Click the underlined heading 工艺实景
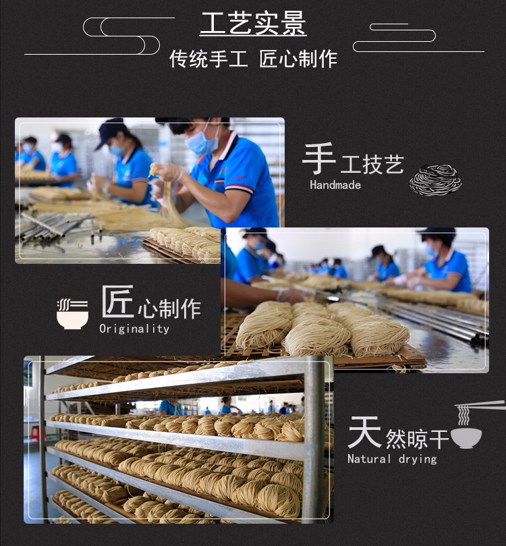click(253, 24)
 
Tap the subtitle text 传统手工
click(208, 59)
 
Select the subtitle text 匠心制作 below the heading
click(298, 59)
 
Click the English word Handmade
click(335, 184)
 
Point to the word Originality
click(134, 329)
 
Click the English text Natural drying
click(392, 458)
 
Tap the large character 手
click(318, 159)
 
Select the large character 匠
click(117, 301)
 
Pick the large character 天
click(364, 432)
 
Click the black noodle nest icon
click(435, 180)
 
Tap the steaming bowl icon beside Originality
click(72, 314)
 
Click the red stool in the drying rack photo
click(34, 433)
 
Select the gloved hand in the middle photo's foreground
click(292, 296)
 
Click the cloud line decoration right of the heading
click(418, 38)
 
